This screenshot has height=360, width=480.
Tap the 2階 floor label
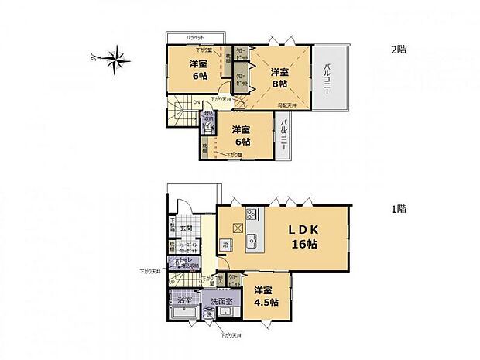pyautogui.click(x=399, y=48)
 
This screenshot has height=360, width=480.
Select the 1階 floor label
pyautogui.click(x=399, y=208)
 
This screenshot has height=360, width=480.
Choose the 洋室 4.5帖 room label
pyautogui.click(x=266, y=297)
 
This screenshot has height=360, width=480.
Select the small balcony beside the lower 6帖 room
pyautogui.click(x=285, y=135)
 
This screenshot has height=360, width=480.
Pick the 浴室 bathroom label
pyautogui.click(x=175, y=298)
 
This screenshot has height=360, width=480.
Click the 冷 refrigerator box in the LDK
pyautogui.click(x=225, y=245)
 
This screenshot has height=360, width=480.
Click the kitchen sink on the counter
pyautogui.click(x=252, y=240)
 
